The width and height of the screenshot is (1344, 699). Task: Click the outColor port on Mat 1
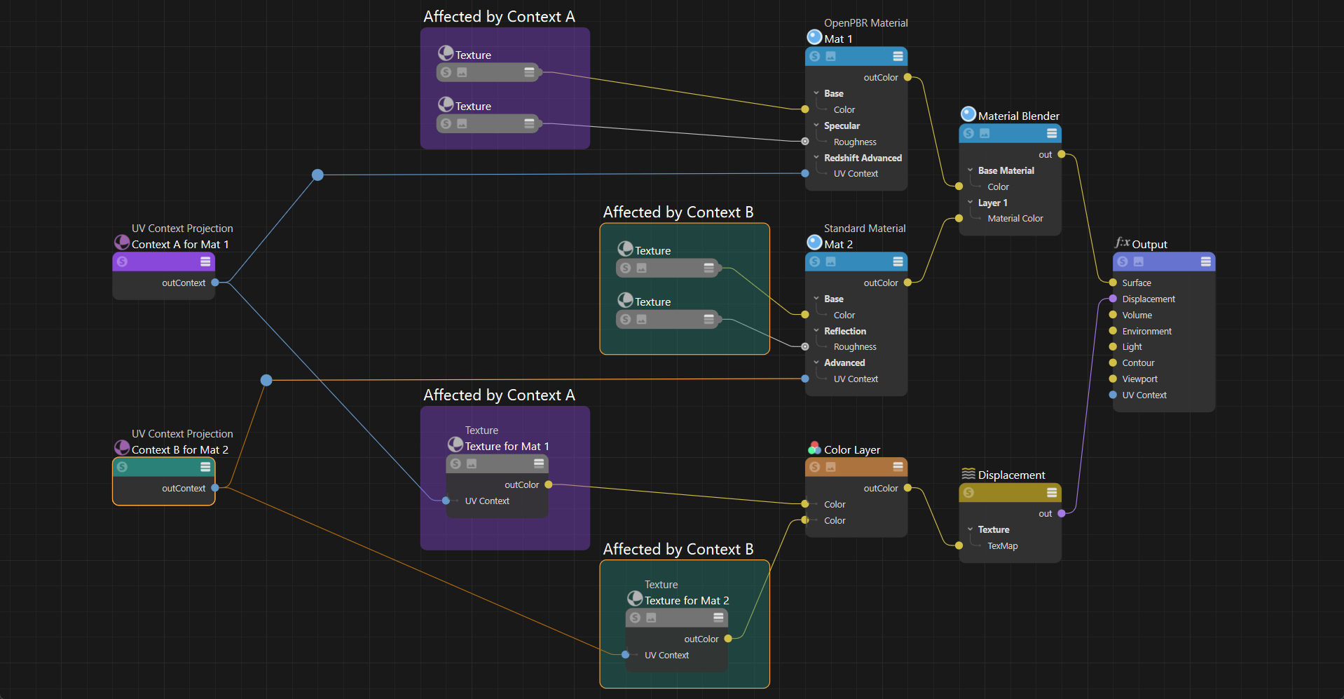907,77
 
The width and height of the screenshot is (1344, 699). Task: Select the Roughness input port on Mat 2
805,346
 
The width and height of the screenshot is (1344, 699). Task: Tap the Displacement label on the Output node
1148,299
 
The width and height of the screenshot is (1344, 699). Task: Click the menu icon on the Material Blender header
1051,133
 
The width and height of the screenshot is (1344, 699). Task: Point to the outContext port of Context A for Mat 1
215,283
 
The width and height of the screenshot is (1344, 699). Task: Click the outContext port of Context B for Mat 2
215,488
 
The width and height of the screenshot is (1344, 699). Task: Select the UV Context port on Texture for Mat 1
446,501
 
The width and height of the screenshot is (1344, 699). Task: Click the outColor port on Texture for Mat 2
728,639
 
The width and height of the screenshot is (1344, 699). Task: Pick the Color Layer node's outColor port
907,488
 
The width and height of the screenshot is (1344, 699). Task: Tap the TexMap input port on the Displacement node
959,545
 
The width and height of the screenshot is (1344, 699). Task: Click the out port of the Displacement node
1062,513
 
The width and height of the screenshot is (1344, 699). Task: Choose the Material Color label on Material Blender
1015,219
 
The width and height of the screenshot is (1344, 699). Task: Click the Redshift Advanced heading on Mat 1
863,158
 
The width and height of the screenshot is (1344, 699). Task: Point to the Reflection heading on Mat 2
844,331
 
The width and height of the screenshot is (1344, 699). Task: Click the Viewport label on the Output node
1139,379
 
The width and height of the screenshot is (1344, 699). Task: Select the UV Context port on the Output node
1113,395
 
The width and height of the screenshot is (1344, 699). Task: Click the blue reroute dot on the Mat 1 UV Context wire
317,175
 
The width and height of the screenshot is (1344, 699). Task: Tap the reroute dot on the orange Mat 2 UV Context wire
266,380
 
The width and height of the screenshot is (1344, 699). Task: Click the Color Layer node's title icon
814,448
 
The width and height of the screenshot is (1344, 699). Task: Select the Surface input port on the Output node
1113,283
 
